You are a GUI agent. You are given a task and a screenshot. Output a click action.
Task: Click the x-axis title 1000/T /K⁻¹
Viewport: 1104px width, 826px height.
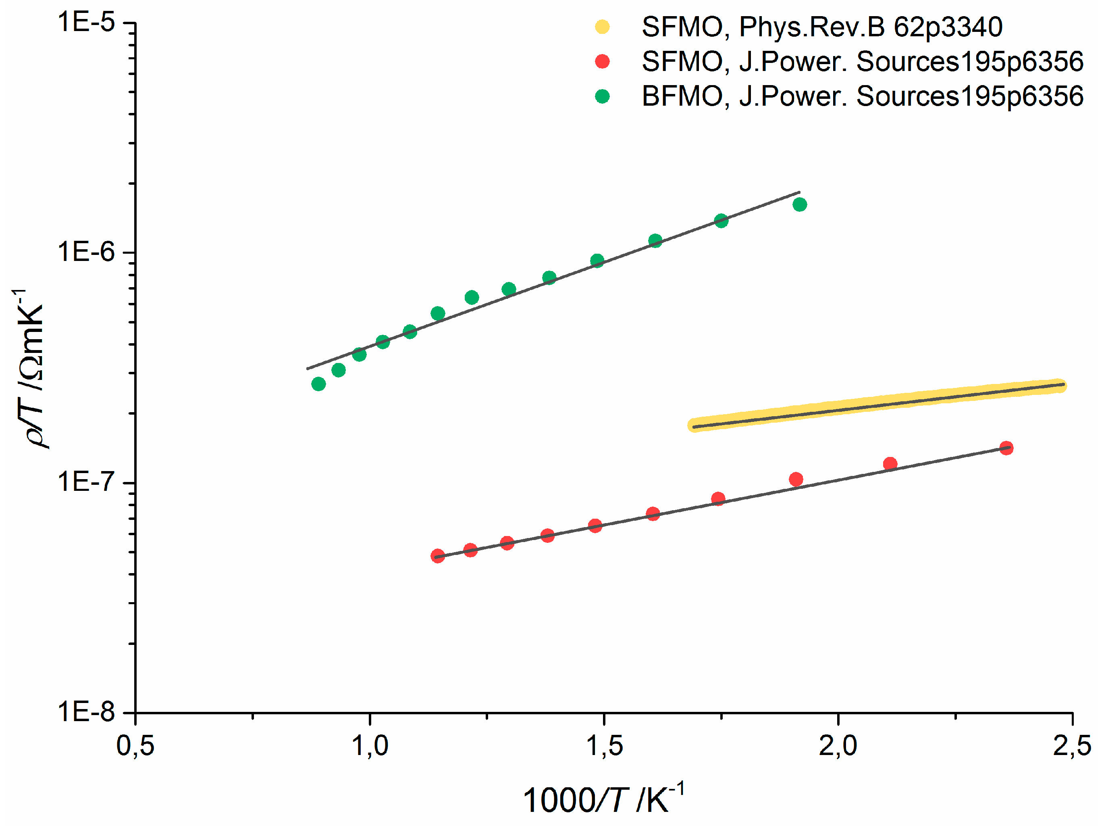(603, 799)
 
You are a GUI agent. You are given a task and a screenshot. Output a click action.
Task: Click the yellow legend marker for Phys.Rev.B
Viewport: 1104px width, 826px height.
(603, 27)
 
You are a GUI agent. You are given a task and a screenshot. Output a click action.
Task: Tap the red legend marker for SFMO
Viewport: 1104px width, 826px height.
(603, 61)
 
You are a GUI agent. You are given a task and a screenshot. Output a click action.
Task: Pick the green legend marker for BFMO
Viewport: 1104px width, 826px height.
(603, 96)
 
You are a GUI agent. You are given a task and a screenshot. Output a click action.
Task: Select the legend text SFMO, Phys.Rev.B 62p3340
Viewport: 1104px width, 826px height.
(822, 27)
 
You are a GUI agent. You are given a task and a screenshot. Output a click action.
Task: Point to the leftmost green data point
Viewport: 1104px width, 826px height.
(318, 384)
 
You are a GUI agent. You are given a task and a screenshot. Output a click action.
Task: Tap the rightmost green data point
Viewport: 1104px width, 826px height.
(800, 204)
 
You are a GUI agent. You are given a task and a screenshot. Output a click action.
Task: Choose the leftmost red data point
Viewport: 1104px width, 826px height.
(438, 556)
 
